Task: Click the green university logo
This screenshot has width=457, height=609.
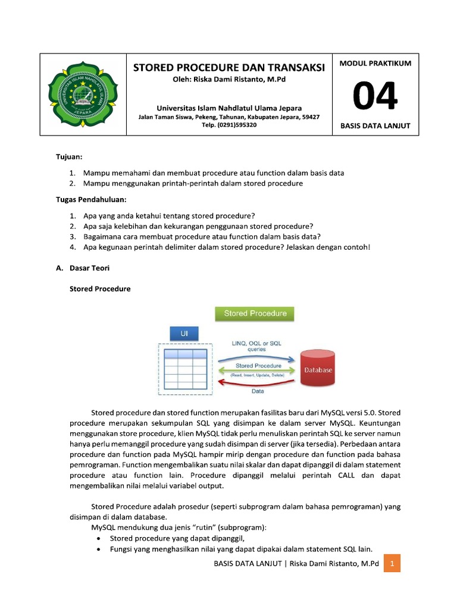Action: coord(83,95)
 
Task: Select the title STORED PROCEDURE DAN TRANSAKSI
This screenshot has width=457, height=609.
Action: coord(229,68)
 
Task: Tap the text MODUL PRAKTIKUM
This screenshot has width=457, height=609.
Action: coord(375,64)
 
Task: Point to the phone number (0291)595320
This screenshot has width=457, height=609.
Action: coord(229,125)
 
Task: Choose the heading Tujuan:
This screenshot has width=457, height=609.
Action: coord(69,157)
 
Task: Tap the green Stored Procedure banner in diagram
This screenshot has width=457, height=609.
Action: coord(255,313)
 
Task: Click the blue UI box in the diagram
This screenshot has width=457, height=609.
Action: coord(184,334)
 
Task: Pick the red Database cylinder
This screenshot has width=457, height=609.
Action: coord(318,369)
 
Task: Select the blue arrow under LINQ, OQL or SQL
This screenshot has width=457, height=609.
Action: coord(256,359)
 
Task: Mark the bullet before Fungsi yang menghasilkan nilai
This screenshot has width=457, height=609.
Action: coord(98,549)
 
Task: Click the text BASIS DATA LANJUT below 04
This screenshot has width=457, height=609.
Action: coord(375,126)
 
